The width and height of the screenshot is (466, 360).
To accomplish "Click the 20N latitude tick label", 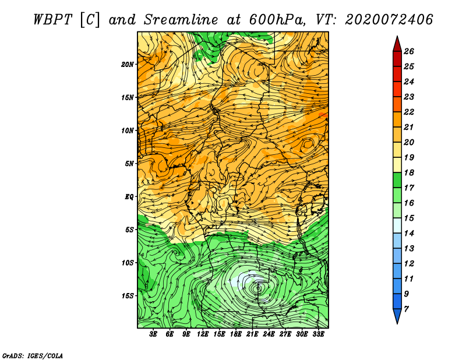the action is pyautogui.click(x=127, y=65).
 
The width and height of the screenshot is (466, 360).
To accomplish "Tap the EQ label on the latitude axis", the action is pyautogui.click(x=129, y=197).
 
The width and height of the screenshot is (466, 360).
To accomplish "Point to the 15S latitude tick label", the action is pyautogui.click(x=127, y=296).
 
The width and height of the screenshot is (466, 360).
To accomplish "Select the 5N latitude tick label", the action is pyautogui.click(x=129, y=164).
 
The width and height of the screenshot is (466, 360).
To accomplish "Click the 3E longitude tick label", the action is pyautogui.click(x=153, y=334).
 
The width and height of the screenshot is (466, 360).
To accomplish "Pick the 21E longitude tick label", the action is pyautogui.click(x=252, y=334).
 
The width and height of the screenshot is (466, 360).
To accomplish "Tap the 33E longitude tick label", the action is pyautogui.click(x=318, y=334).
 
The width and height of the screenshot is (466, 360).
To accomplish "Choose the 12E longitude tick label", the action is pyautogui.click(x=202, y=334).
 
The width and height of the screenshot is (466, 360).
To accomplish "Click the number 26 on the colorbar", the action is pyautogui.click(x=409, y=51).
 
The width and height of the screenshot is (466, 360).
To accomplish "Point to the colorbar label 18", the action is pyautogui.click(x=409, y=172).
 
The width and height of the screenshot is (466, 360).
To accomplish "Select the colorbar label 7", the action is pyautogui.click(x=406, y=309).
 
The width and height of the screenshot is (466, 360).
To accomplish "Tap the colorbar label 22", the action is pyautogui.click(x=409, y=112).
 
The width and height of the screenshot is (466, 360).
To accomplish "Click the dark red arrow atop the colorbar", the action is pyautogui.click(x=397, y=44).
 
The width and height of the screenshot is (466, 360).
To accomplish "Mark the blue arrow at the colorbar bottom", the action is pyautogui.click(x=397, y=316).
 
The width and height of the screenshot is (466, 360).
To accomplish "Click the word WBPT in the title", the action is pyautogui.click(x=52, y=20).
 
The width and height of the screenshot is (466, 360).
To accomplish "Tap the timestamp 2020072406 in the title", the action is pyautogui.click(x=389, y=20).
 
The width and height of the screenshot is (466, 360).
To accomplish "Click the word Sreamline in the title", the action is pyautogui.click(x=181, y=20).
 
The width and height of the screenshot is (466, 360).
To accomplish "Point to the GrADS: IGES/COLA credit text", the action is pyautogui.click(x=33, y=356).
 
